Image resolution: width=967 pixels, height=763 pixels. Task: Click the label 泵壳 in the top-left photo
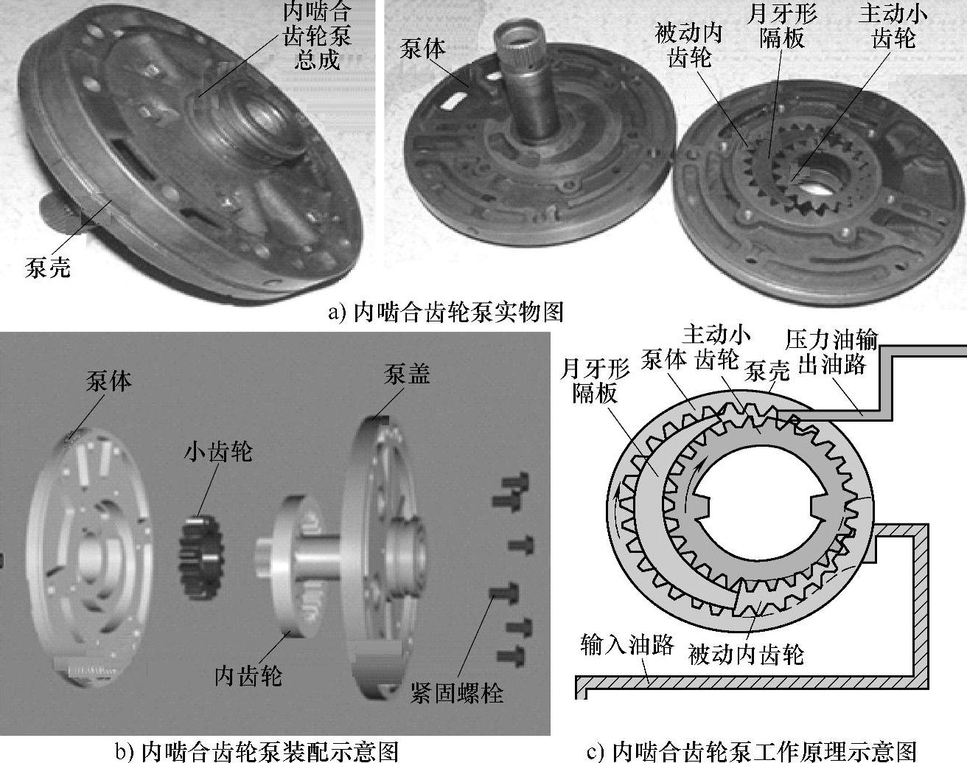(48, 268)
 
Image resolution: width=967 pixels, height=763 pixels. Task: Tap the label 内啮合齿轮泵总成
(317, 36)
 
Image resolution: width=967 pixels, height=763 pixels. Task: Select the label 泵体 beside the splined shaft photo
(422, 49)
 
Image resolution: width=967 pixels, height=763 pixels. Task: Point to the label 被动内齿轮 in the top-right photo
(689, 46)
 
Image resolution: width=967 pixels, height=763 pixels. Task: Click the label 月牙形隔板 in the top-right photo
(782, 26)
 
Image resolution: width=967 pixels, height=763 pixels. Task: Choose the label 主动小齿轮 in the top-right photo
(893, 26)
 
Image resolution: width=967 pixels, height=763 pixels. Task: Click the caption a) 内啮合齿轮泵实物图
(446, 312)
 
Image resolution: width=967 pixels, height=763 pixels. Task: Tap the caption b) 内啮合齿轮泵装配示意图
(257, 751)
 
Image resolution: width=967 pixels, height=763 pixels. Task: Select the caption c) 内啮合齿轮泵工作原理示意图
(752, 751)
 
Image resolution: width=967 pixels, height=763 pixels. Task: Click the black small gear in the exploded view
(202, 557)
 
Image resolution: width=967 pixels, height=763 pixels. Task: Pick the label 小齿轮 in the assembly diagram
(218, 451)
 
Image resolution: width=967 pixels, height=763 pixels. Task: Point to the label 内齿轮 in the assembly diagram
(248, 676)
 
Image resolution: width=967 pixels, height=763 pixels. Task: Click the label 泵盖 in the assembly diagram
(407, 374)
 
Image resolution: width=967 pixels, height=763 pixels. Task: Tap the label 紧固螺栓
(456, 693)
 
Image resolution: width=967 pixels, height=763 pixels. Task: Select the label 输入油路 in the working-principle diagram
(626, 644)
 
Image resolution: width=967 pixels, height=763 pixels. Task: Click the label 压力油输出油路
(831, 352)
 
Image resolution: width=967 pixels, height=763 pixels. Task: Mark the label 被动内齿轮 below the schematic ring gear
(746, 654)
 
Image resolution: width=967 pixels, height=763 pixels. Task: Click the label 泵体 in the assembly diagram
(109, 381)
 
